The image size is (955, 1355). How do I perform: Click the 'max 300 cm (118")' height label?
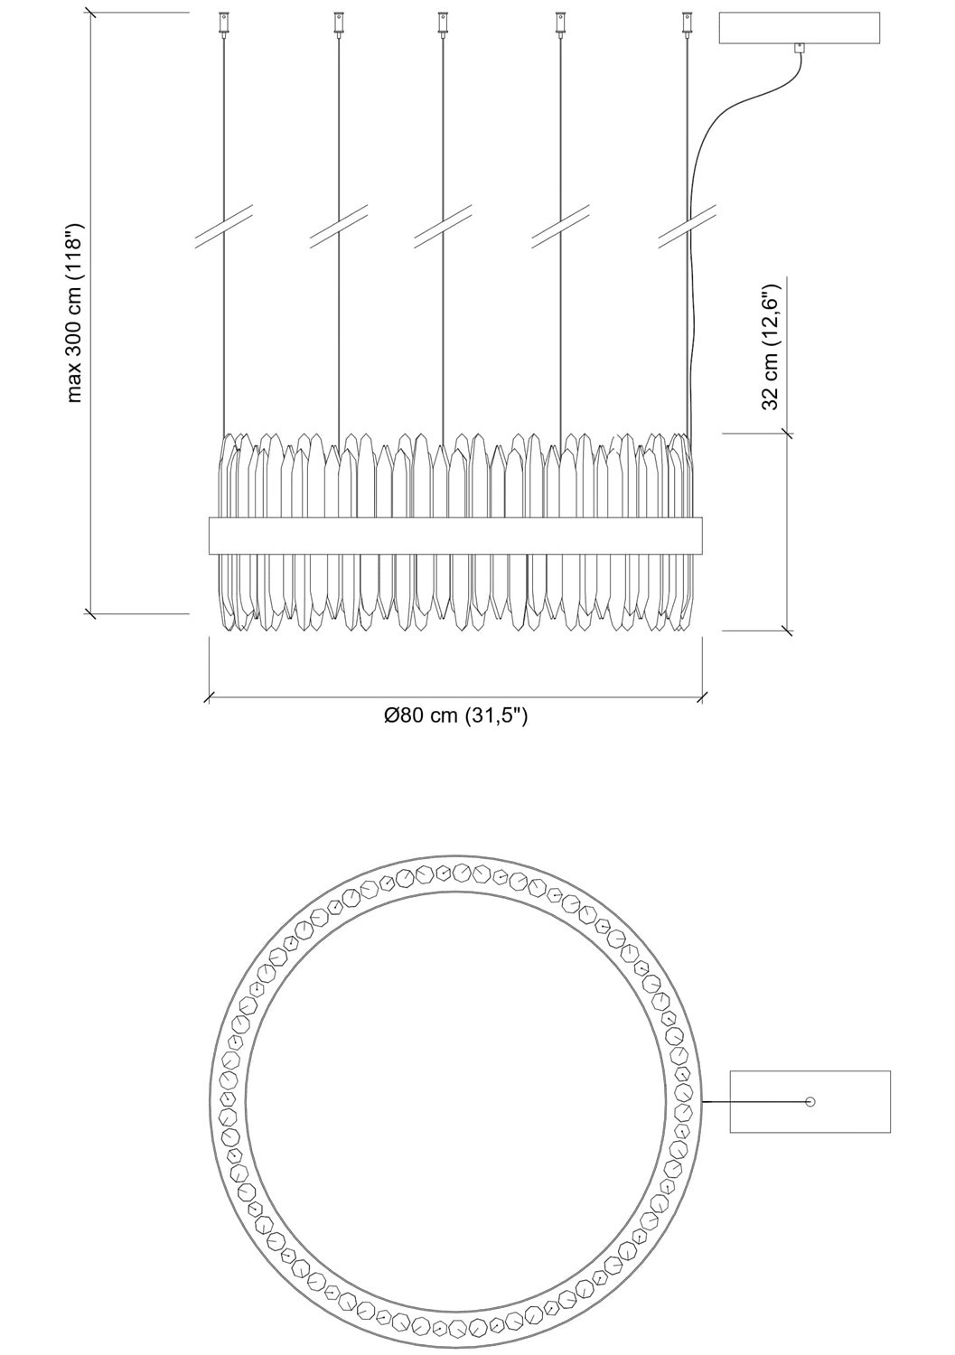pyautogui.click(x=76, y=313)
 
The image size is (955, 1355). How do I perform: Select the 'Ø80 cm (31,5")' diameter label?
pyautogui.click(x=455, y=715)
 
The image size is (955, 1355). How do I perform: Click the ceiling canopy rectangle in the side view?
pyautogui.click(x=799, y=28)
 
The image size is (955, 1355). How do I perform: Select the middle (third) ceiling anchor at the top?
pyautogui.click(x=443, y=23)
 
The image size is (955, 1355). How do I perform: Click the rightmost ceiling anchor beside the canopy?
pyautogui.click(x=687, y=23)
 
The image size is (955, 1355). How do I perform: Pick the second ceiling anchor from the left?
pyautogui.click(x=339, y=23)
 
